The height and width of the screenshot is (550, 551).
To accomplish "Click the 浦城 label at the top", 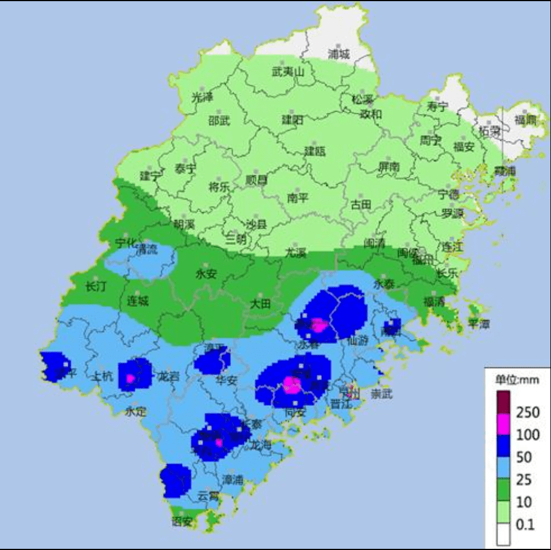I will [338, 54].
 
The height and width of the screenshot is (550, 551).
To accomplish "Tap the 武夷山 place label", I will [288, 72].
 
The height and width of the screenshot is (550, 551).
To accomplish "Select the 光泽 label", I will [202, 97].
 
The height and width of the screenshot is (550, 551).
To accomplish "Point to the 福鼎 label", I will [525, 120].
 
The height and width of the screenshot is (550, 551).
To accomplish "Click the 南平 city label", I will [298, 198].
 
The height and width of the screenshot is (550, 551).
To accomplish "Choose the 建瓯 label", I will [314, 151].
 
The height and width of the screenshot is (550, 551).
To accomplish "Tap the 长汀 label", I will [95, 286].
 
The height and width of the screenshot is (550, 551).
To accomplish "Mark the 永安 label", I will [206, 274].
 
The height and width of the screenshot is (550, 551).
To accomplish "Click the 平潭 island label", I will [480, 324].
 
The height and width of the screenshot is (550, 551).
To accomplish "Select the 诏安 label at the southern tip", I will [182, 521].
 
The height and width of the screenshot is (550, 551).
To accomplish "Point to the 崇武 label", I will [381, 394].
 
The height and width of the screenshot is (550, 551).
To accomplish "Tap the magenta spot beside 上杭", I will [131, 378].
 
